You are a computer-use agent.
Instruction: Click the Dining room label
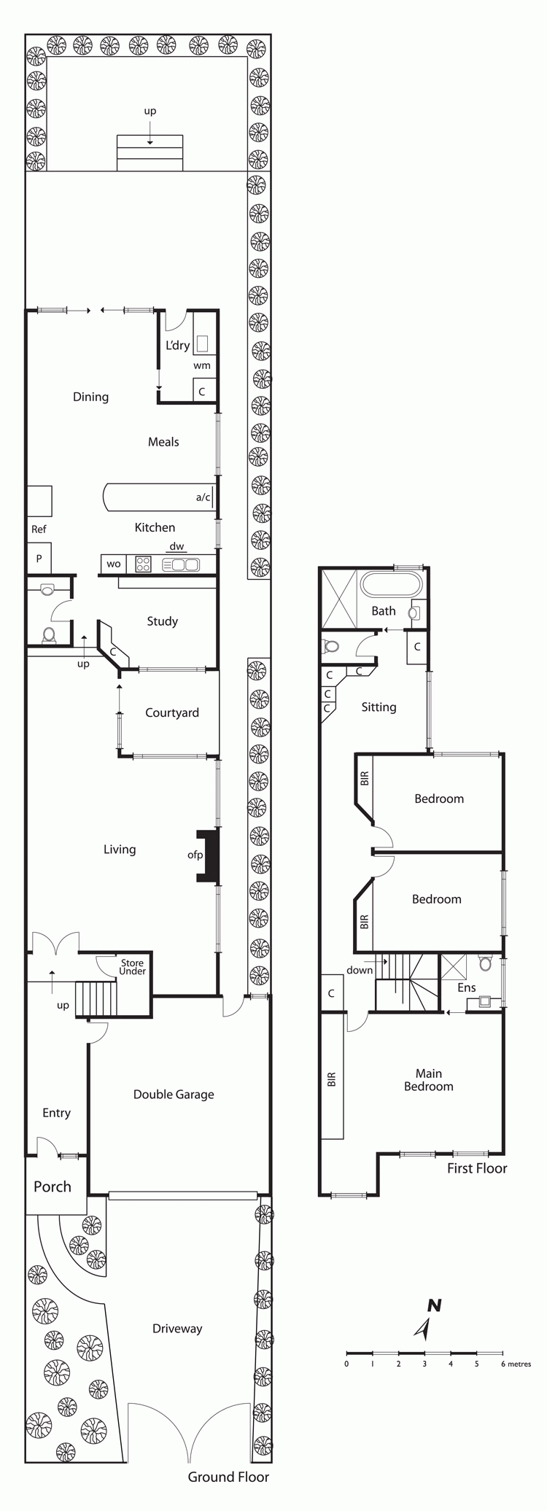(x=90, y=397)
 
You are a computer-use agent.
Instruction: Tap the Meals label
(x=163, y=442)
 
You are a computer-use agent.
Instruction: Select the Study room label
(x=162, y=621)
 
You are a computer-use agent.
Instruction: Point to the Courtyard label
(x=172, y=713)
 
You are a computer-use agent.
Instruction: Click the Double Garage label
(x=174, y=1095)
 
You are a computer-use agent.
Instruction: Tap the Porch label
(x=53, y=1186)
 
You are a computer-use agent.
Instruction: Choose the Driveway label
(x=177, y=1329)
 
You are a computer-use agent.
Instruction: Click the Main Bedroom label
(x=429, y=1080)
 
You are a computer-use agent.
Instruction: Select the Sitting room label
(x=379, y=707)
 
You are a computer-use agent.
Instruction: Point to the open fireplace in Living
(x=208, y=855)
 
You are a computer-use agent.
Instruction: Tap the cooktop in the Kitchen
(x=143, y=564)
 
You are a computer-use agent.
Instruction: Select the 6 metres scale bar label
(x=516, y=1364)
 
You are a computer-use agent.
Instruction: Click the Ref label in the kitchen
(x=39, y=529)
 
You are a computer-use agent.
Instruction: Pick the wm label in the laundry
(x=202, y=365)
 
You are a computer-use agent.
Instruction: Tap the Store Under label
(x=132, y=967)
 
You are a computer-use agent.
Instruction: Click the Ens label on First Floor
(x=467, y=988)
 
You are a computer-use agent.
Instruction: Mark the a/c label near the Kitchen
(x=203, y=498)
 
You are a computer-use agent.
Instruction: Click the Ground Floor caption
(x=228, y=1477)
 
